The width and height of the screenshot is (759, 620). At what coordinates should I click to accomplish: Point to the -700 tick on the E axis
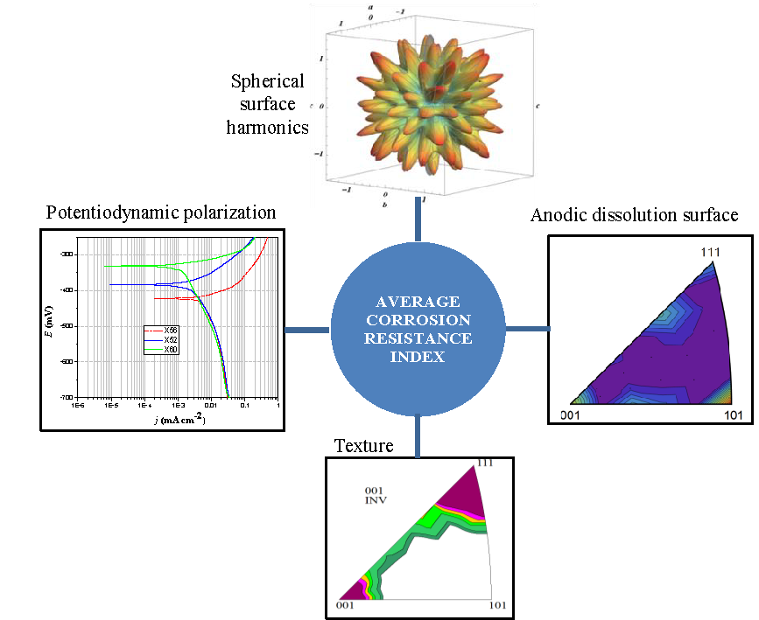point(67,398)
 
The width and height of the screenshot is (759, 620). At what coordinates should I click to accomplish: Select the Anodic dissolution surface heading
point(635,215)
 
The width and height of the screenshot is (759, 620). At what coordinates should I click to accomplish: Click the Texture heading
point(363,447)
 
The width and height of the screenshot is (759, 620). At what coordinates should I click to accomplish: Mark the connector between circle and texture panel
point(418,435)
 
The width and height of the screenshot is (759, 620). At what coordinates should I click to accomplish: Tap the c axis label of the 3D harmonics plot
point(537,106)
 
